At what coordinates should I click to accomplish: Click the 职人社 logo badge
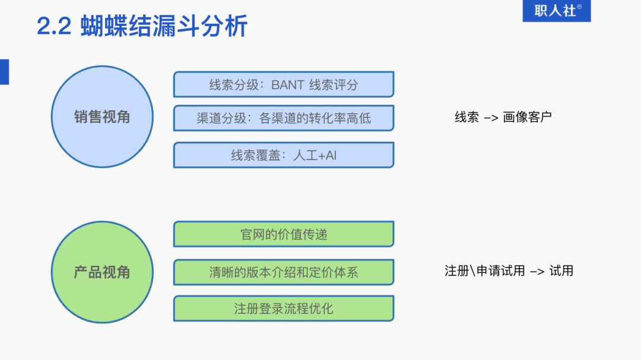[556, 11]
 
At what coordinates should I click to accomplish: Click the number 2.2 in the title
[54, 27]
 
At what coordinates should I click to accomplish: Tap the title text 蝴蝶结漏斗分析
[164, 27]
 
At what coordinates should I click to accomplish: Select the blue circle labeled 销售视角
[102, 117]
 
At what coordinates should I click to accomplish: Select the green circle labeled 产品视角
[102, 272]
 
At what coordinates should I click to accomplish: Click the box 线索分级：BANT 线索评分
[284, 84]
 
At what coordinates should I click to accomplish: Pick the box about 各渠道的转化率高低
[284, 118]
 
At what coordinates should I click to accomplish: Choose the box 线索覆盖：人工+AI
[284, 155]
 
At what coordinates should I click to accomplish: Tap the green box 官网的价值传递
[284, 234]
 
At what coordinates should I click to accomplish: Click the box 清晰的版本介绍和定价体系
[284, 272]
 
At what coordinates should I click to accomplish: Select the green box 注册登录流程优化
[284, 308]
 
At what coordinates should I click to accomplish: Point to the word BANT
[287, 84]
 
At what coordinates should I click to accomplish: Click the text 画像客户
[528, 117]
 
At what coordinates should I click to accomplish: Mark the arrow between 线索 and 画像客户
[491, 117]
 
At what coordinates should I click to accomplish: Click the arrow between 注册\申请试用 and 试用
[537, 272]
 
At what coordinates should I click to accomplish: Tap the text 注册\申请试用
[485, 271]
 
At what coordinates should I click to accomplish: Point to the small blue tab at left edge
[4, 72]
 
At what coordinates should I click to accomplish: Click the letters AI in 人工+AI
[331, 155]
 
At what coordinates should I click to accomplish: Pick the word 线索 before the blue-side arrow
[467, 117]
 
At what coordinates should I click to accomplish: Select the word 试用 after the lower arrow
[561, 271]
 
